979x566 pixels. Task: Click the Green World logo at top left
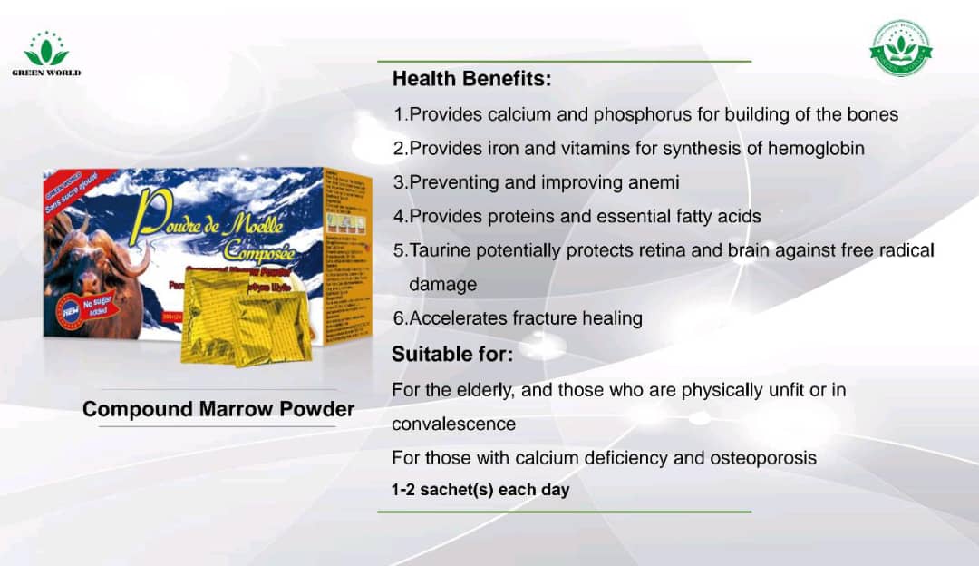tap(45, 54)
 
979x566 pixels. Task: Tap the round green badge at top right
tap(900, 48)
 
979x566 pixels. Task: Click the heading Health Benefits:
tap(471, 80)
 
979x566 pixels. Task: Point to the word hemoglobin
tap(816, 148)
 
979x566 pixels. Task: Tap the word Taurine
tap(441, 250)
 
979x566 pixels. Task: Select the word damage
tap(442, 284)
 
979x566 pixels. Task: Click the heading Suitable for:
tap(452, 355)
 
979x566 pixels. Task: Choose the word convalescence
tap(453, 424)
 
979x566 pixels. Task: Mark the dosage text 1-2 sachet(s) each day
tap(480, 490)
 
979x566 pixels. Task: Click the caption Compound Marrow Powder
tap(218, 409)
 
